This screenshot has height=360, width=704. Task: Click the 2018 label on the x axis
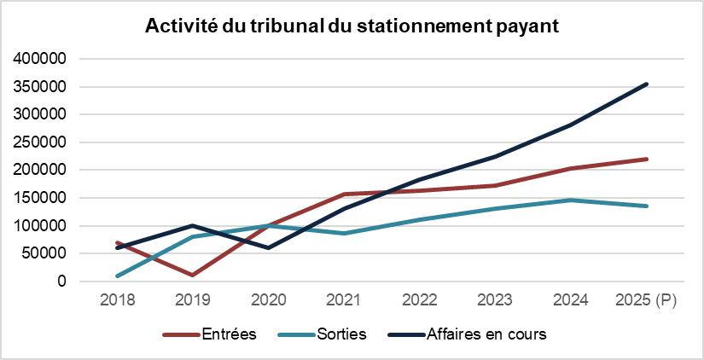pos(117,300)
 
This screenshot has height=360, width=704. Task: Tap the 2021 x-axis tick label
pos(344,300)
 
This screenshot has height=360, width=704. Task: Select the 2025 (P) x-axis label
pos(646,300)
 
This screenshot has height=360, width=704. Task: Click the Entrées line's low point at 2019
pos(193,275)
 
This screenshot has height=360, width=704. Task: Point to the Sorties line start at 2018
pos(118,276)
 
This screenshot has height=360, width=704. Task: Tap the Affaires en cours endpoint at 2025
pos(647,84)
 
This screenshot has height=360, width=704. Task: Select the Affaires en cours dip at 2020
pos(269,248)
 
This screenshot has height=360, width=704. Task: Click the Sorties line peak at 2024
pos(571,200)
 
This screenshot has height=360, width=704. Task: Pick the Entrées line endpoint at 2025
pos(647,159)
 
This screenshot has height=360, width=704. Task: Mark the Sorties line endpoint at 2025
pos(647,206)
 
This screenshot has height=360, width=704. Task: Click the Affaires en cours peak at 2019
pos(193,225)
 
